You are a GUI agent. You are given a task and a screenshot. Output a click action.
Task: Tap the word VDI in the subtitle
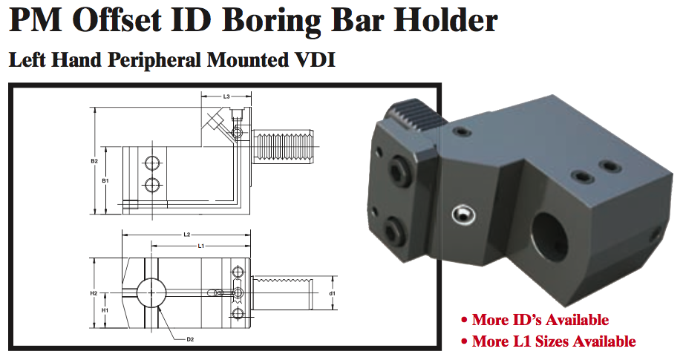coord(310,61)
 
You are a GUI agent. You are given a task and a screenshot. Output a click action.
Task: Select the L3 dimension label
coord(226,96)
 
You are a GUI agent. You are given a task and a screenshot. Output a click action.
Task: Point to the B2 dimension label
coord(94,161)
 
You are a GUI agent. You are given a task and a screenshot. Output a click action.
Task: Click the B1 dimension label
coord(105,180)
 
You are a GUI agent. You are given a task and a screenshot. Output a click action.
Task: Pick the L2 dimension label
coord(187,235)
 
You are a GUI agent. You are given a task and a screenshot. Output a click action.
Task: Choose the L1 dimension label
coord(200,246)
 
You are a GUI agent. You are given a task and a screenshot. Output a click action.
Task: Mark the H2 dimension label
coord(94,293)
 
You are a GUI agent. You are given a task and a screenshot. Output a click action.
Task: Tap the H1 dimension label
coord(105,310)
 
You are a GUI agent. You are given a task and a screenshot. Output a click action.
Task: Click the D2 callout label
coord(190,339)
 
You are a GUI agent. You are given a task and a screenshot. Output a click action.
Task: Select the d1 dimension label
coord(333,293)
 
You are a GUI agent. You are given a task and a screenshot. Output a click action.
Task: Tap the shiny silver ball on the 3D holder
coord(461,216)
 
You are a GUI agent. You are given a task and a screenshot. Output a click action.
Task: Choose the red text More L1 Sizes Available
coord(547,341)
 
